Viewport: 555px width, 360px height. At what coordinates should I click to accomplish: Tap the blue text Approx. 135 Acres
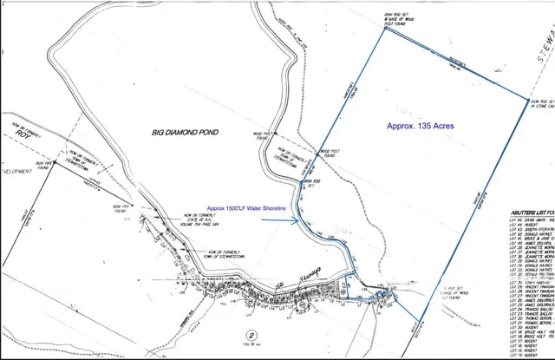[420, 127]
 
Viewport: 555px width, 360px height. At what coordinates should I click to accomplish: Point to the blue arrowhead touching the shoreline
[298, 220]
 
